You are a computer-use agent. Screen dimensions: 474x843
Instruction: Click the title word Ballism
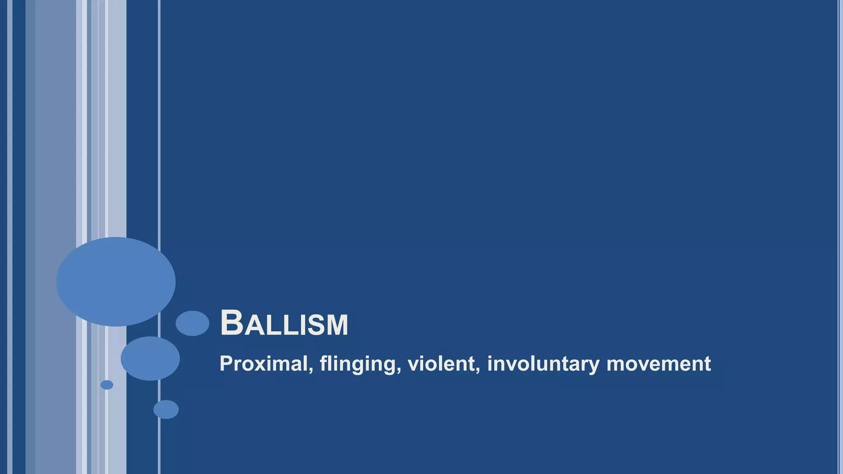(284, 323)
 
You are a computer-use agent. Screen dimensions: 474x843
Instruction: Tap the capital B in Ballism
(231, 323)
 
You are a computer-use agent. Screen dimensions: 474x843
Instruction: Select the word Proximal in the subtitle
(263, 364)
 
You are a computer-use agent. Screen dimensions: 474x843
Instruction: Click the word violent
(441, 364)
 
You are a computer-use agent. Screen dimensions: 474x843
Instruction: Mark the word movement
(659, 364)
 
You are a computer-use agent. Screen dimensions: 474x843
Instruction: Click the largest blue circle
(116, 282)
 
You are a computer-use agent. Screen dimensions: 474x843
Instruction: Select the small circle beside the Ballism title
(192, 323)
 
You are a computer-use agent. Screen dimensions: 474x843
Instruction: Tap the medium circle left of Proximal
(150, 358)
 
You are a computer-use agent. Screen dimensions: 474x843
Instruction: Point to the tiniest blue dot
(107, 385)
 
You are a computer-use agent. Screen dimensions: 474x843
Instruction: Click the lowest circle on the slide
(166, 409)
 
